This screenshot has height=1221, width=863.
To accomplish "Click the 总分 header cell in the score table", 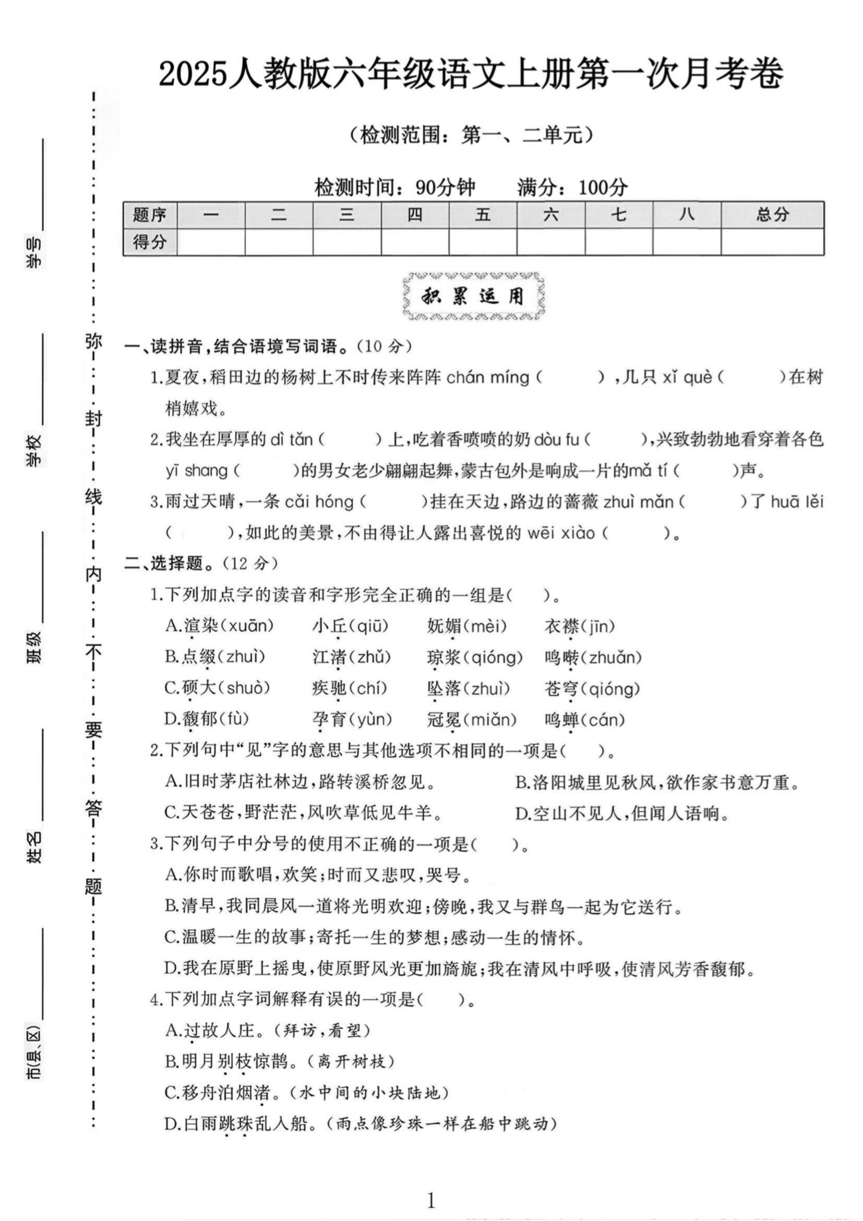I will tap(772, 215).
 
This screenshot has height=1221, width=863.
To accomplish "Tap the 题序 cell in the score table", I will tap(150, 215).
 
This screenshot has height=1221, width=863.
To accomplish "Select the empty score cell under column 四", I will tap(414, 242).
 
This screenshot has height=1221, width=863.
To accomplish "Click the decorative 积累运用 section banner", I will tap(473, 296).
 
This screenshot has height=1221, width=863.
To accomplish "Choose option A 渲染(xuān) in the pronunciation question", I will tap(220, 626).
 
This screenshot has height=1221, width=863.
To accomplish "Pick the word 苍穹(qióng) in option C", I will tap(592, 689).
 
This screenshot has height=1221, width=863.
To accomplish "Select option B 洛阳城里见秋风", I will tap(657, 783).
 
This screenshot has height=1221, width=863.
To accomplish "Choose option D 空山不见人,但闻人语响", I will tap(622, 814).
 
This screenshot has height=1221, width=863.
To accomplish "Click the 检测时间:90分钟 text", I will tap(394, 187).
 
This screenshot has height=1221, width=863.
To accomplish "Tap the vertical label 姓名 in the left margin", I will tap(34, 848).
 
